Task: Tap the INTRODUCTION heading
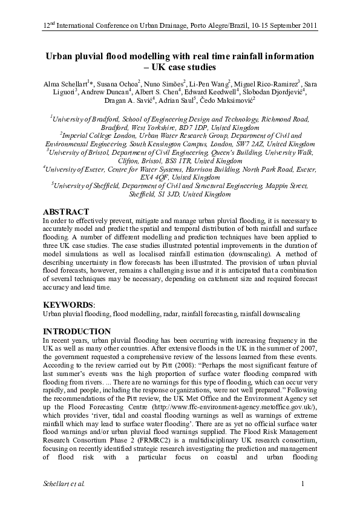click(76, 331)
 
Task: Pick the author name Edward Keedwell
click(218, 92)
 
